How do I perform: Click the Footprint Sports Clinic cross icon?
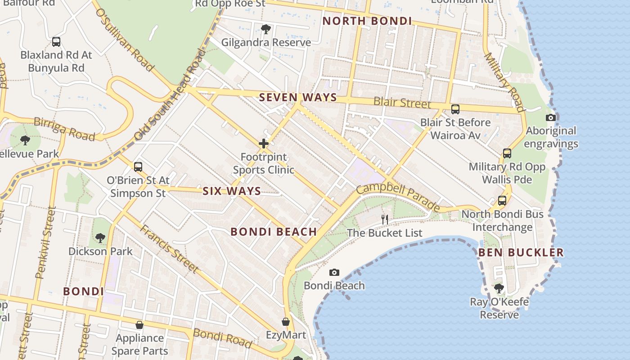tap(264, 144)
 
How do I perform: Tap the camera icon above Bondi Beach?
tap(334, 272)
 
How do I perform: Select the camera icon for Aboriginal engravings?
tap(550, 118)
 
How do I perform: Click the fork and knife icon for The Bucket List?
tap(385, 219)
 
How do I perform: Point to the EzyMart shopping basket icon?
tap(285, 322)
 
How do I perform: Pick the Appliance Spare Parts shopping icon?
tap(139, 325)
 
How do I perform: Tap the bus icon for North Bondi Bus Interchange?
tap(502, 201)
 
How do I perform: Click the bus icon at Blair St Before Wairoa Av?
tap(455, 109)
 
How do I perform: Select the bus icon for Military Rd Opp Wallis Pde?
tap(507, 153)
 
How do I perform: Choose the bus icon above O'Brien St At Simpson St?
tap(138, 167)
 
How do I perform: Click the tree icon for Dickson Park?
tap(100, 238)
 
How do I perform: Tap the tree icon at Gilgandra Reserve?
tap(266, 29)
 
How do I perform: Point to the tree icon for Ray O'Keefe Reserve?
tap(499, 288)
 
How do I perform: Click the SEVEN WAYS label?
tap(298, 97)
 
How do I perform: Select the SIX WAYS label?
tap(232, 191)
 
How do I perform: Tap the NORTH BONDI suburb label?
tap(367, 21)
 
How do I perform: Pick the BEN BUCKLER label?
tap(521, 252)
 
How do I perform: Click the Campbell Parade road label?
tap(398, 197)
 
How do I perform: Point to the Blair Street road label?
tap(402, 103)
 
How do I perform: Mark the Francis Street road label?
tap(169, 248)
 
